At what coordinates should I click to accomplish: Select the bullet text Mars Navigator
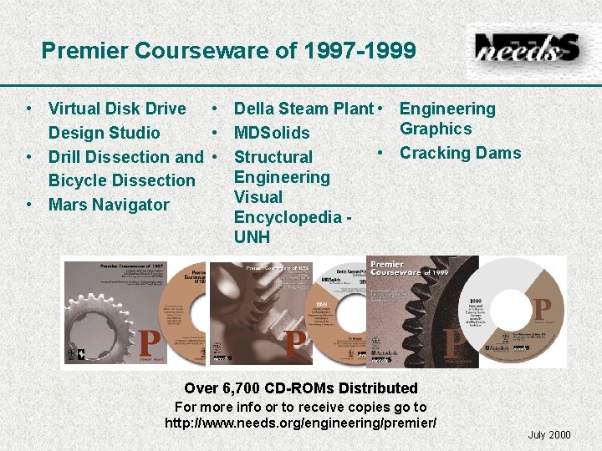click(109, 205)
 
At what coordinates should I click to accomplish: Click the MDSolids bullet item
click(272, 133)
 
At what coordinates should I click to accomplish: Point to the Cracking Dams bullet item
click(460, 153)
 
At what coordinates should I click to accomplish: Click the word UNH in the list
click(252, 237)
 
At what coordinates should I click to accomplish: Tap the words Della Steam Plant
click(303, 109)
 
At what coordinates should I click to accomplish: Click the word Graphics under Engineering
click(436, 129)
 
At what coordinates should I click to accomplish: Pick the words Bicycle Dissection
click(121, 180)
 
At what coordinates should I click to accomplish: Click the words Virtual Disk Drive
click(117, 109)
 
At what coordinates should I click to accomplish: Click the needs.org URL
click(300, 423)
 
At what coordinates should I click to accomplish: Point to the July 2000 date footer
click(549, 434)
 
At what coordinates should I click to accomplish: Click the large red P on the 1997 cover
click(150, 342)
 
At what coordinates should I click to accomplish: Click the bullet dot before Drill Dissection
click(29, 157)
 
